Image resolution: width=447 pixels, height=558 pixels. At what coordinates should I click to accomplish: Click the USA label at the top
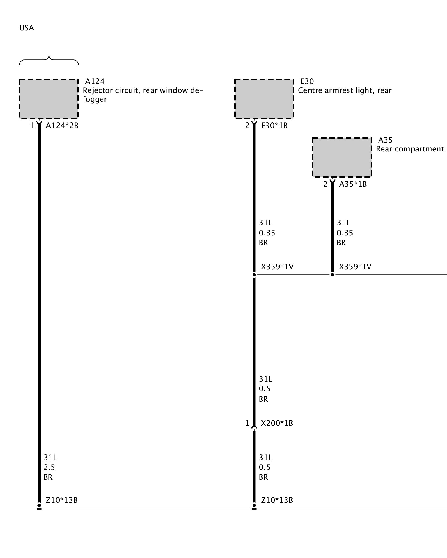click(27, 28)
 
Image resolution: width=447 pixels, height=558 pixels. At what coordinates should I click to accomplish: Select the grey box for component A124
click(49, 99)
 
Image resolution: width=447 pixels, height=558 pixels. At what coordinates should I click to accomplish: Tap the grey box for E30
click(264, 99)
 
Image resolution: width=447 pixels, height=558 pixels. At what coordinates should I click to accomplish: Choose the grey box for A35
click(342, 157)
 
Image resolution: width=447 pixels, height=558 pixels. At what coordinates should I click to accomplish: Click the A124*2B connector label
click(62, 126)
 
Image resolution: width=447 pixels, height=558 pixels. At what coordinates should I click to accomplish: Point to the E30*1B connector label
click(274, 126)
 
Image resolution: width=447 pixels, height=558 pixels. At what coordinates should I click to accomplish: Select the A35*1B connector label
click(353, 184)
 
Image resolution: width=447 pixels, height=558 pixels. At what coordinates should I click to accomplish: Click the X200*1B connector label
click(277, 423)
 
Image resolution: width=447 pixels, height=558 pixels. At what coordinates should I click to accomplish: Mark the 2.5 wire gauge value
click(49, 467)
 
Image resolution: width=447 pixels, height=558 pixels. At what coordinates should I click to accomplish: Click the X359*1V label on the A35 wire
click(355, 267)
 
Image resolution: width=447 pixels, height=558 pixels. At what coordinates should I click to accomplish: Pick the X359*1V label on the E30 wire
click(277, 267)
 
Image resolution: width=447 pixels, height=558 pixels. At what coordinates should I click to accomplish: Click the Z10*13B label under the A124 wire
click(61, 500)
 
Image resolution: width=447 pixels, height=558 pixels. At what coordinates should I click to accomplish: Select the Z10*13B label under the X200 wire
click(277, 500)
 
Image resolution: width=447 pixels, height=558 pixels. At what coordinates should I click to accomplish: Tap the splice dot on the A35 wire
click(332, 275)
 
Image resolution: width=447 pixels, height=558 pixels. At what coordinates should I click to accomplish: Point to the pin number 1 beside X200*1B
click(247, 424)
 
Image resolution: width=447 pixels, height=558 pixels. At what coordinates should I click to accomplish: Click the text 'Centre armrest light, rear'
click(345, 90)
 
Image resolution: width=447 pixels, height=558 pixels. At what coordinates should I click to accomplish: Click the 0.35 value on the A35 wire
click(345, 233)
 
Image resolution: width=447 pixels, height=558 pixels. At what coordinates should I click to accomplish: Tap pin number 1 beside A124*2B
click(32, 126)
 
